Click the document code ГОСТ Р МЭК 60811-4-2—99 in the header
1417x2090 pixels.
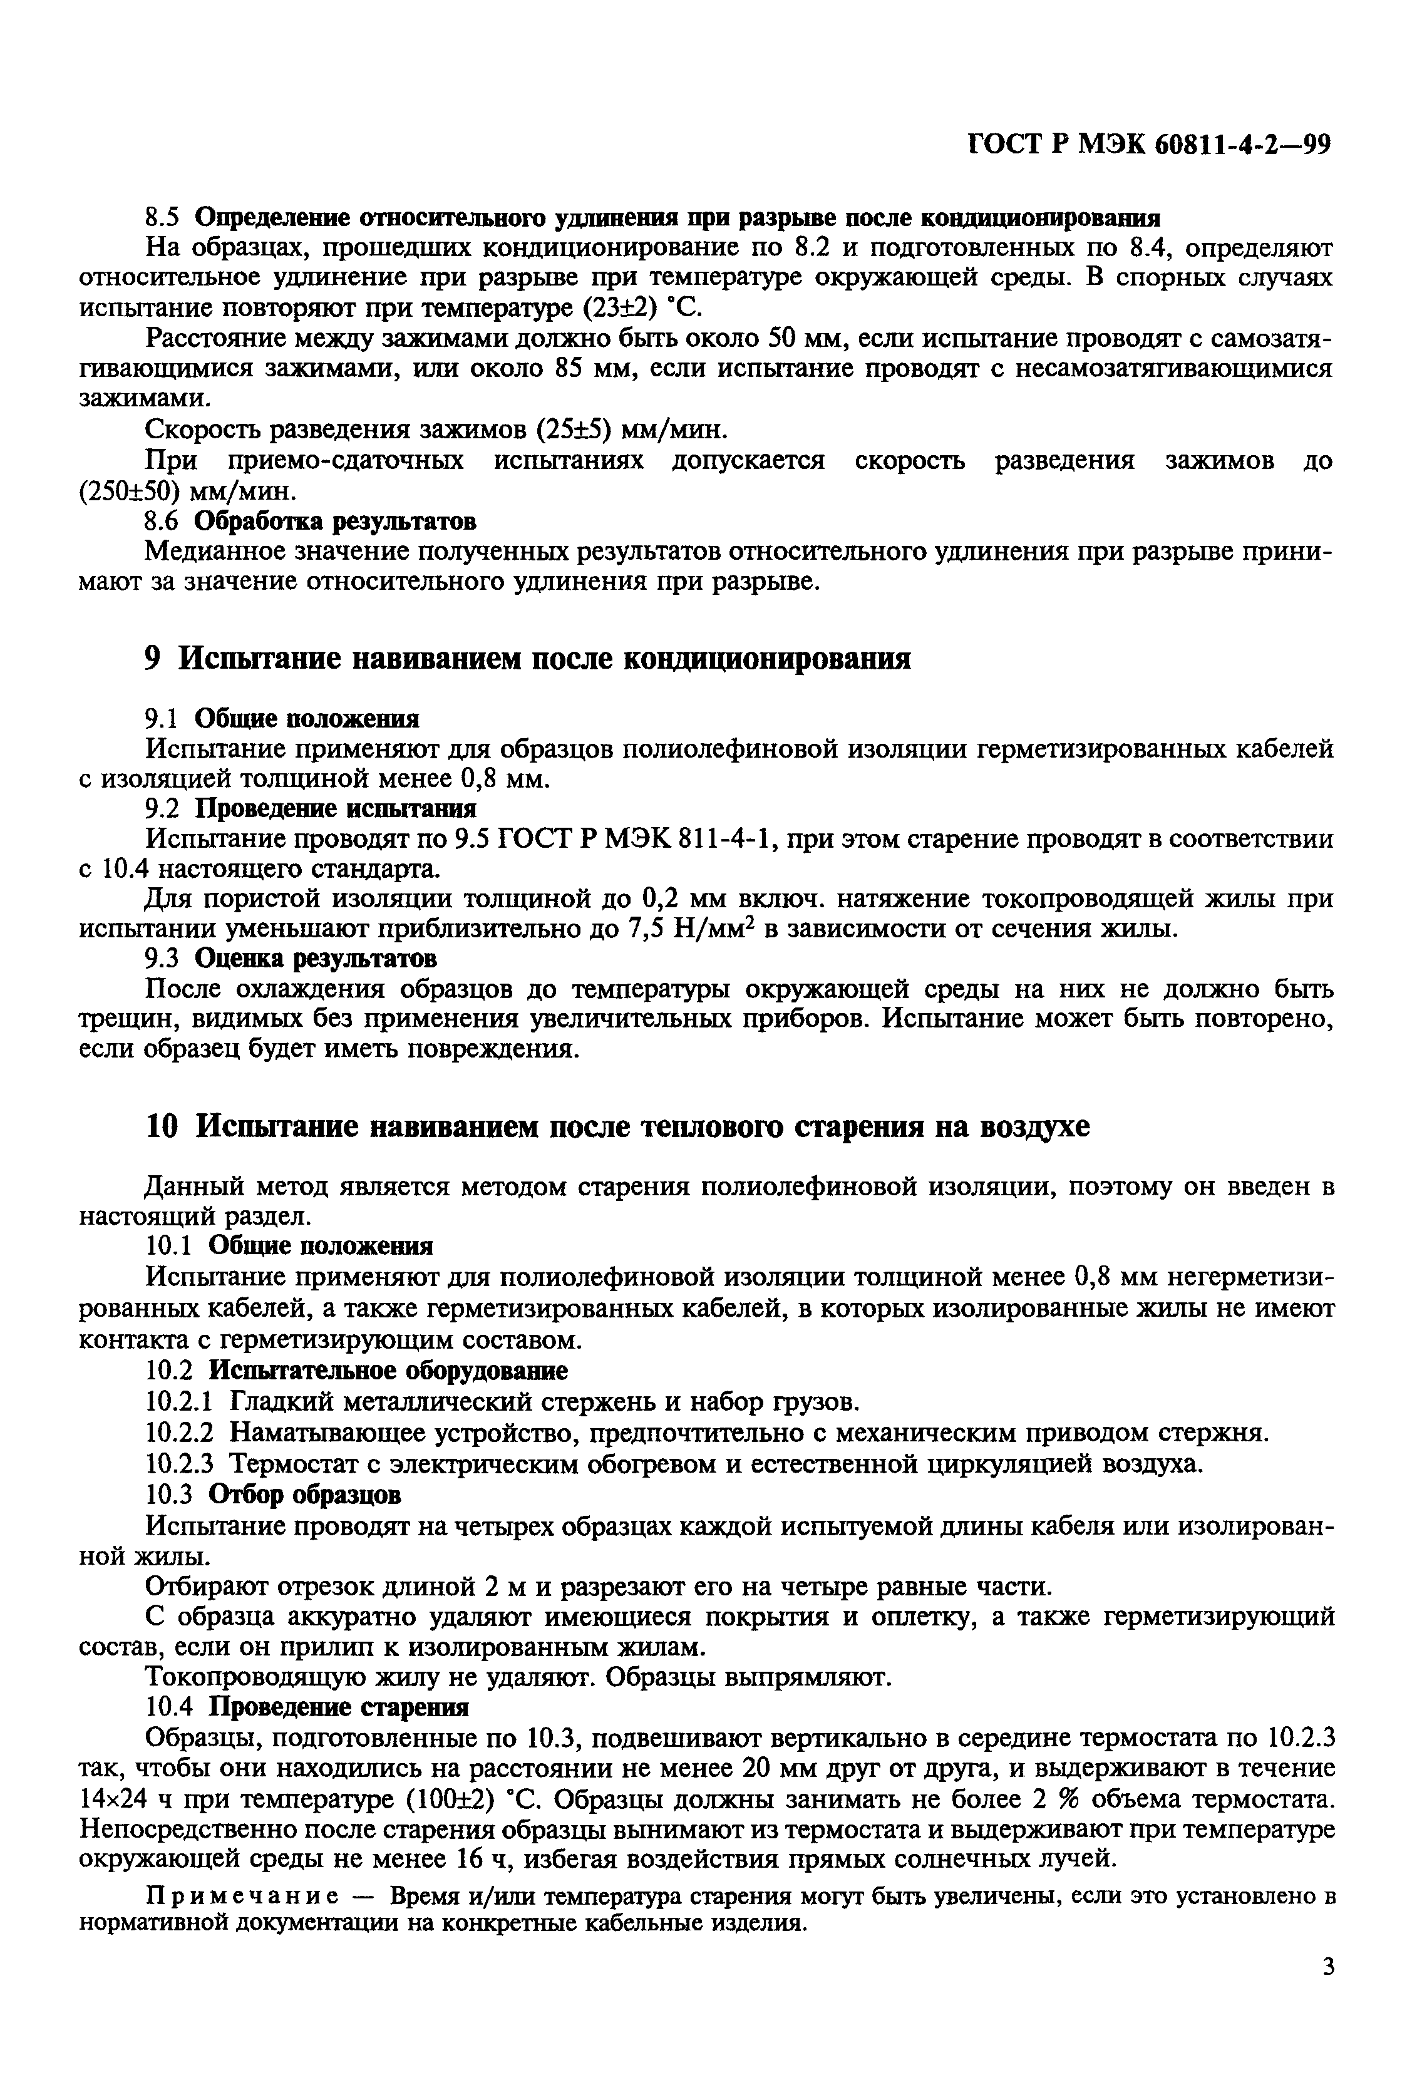[x=1149, y=145]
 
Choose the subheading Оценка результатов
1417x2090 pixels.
[x=316, y=959]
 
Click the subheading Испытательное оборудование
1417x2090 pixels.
[x=388, y=1371]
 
